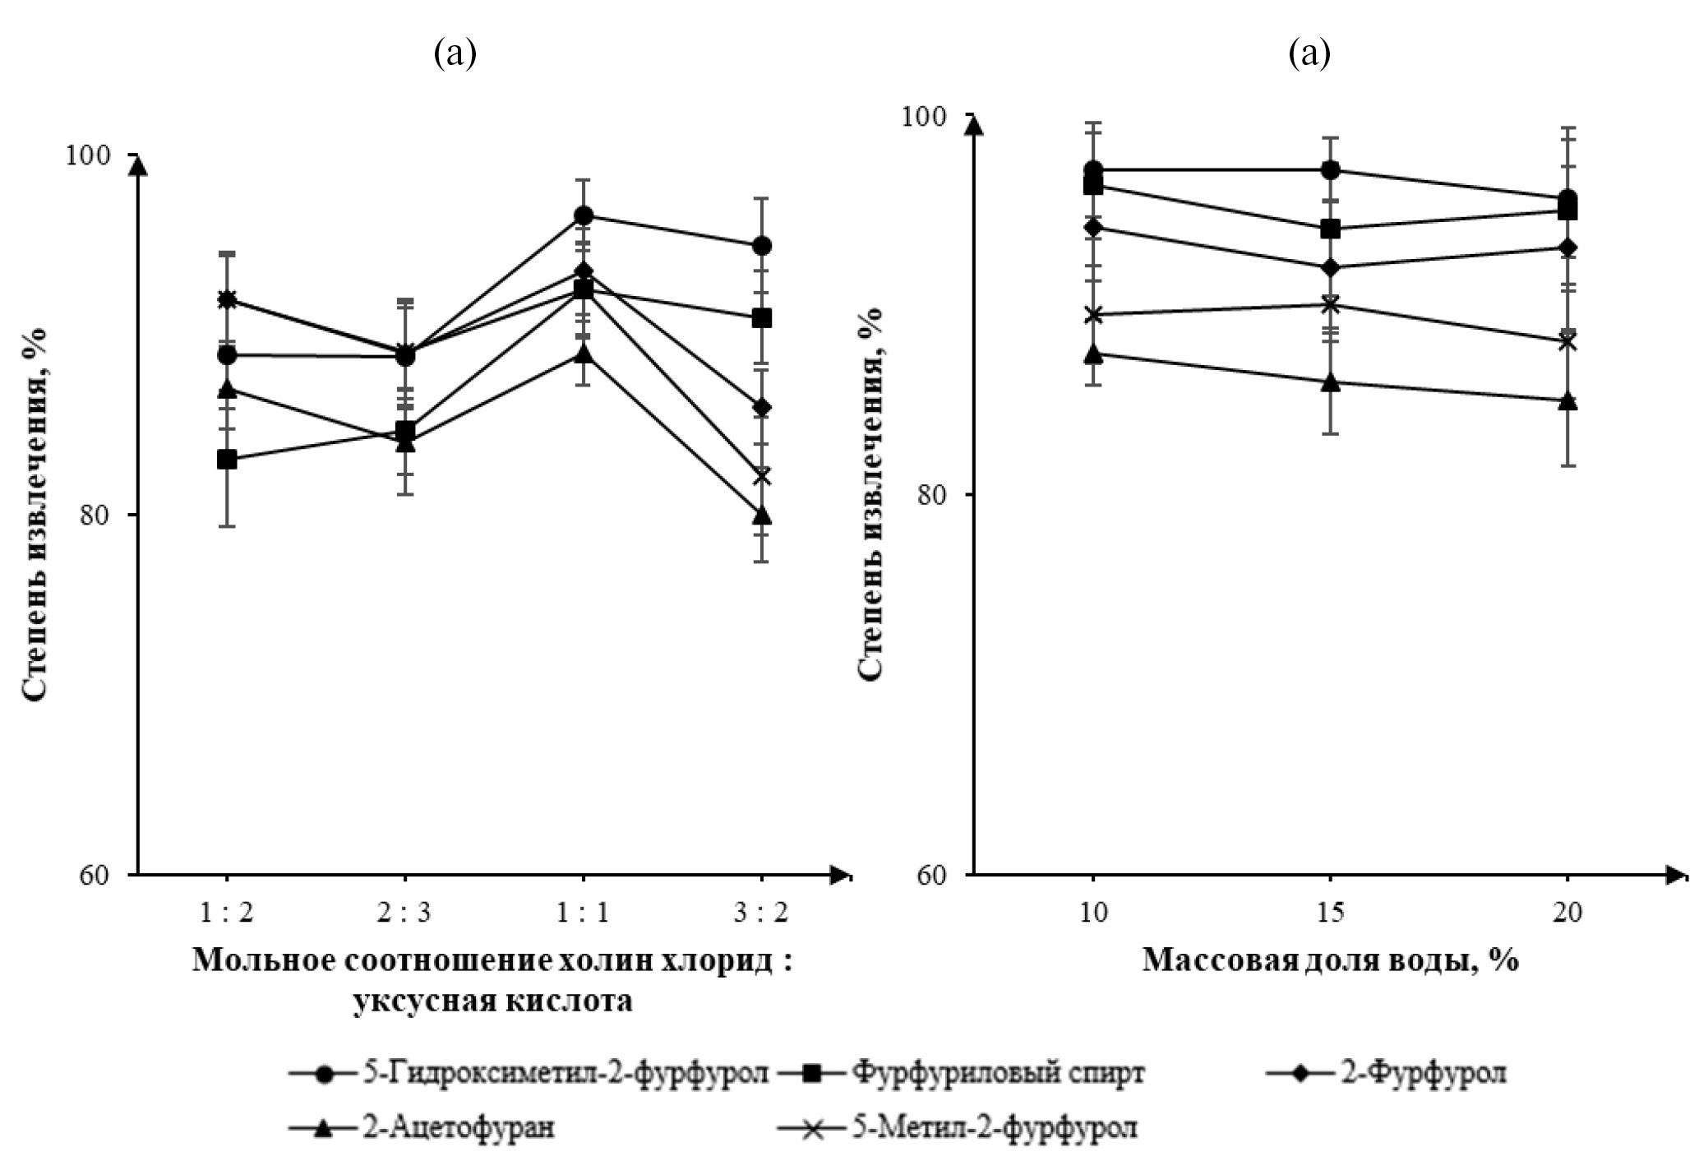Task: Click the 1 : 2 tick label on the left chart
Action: [228, 914]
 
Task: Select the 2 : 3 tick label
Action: [405, 914]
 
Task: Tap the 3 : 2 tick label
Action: [762, 914]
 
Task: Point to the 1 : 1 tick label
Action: [583, 914]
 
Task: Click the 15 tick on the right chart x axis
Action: [1330, 914]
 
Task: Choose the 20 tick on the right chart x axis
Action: [1567, 914]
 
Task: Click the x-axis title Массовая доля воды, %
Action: [1329, 960]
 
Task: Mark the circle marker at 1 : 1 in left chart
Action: [584, 216]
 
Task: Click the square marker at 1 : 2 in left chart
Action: [228, 460]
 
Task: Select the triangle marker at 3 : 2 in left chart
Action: [762, 516]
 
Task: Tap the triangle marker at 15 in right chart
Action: [1331, 382]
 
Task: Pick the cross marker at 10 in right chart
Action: [1093, 315]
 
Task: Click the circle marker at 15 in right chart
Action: [1331, 170]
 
